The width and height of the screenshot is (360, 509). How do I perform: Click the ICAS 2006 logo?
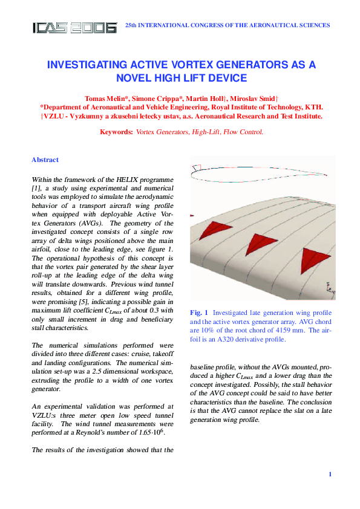pyautogui.click(x=74, y=27)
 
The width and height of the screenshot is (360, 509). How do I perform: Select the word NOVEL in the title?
pyautogui.click(x=136, y=78)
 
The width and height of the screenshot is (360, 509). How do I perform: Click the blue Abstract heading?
pyautogui.click(x=45, y=160)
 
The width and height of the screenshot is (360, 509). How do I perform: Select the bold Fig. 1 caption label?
pyautogui.click(x=199, y=313)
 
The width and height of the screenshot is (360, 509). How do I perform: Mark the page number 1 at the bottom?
pyautogui.click(x=330, y=475)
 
